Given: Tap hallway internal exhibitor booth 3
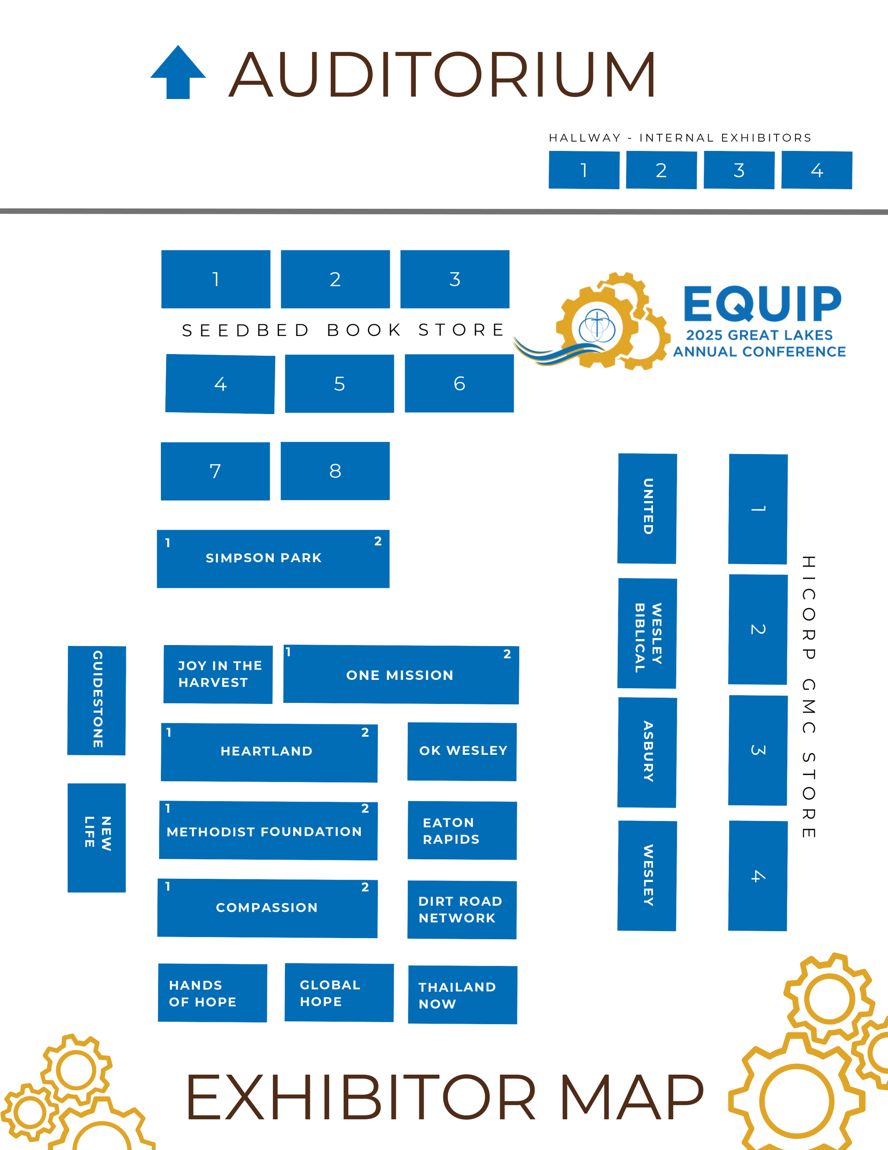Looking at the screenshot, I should (x=739, y=170).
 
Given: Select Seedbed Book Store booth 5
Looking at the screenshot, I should (x=339, y=383).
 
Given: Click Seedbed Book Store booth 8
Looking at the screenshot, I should (x=335, y=471).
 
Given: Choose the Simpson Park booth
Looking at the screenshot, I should (x=273, y=559).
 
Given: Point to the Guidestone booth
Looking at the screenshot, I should (x=97, y=700).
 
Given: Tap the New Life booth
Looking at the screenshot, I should (x=97, y=838).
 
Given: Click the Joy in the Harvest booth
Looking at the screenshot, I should (x=218, y=674).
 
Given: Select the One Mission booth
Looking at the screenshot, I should (x=401, y=675).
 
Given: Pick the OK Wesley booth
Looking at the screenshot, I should (x=462, y=751).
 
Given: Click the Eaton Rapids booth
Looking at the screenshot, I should (x=462, y=830).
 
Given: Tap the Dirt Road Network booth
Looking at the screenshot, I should (x=462, y=909).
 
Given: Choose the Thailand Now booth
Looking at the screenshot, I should (x=462, y=995).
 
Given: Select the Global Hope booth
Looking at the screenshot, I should (x=339, y=993).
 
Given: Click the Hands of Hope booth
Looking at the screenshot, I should (x=213, y=993).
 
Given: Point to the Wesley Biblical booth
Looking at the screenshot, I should (x=647, y=633).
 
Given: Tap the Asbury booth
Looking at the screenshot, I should (x=647, y=752).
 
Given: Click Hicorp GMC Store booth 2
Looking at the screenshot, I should (x=758, y=629).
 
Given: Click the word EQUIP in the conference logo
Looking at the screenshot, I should (x=762, y=305).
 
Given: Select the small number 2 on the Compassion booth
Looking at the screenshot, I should (x=365, y=887).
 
